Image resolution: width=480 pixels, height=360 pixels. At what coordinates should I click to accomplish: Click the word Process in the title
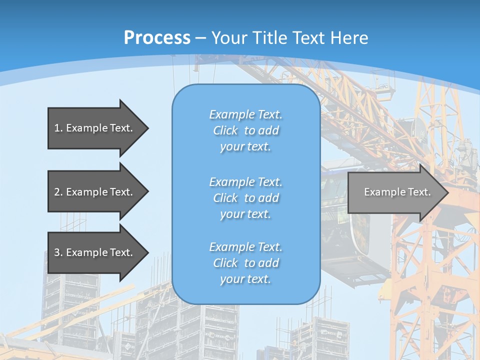pos(157,37)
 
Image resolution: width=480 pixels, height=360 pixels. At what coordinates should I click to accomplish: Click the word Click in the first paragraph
pos(225,130)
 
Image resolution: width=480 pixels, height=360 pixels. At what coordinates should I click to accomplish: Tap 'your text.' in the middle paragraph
pos(245,214)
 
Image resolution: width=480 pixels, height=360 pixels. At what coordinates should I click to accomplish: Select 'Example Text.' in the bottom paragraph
pos(245,246)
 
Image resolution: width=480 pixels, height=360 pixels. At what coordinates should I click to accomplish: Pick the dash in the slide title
pos(201,38)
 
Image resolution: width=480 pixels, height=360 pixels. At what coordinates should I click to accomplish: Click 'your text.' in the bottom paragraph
pos(245,279)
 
